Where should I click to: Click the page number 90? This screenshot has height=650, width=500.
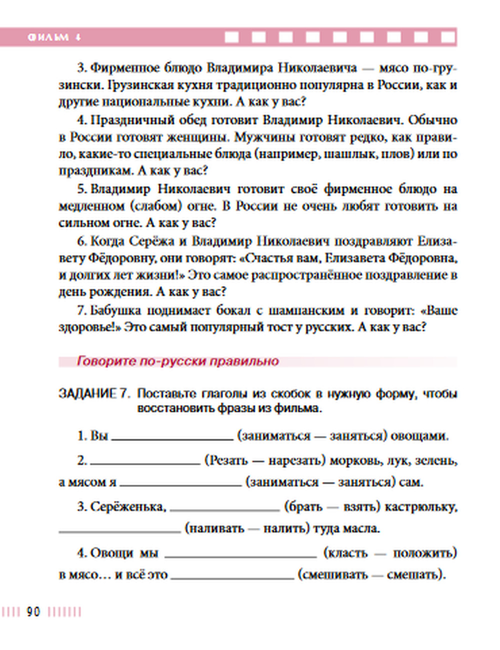[33, 611]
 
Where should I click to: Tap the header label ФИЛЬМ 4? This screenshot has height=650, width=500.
[54, 37]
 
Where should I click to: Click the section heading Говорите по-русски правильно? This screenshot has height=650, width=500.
[177, 361]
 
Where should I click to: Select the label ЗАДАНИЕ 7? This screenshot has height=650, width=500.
[94, 394]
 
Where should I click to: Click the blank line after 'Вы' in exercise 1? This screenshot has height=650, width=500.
[172, 438]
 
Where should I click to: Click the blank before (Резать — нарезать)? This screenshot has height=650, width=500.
[145, 462]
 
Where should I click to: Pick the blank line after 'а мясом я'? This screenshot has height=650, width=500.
[180, 484]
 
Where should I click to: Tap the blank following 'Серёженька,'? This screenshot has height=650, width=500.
[224, 509]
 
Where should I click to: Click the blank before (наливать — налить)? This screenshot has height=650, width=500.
[119, 530]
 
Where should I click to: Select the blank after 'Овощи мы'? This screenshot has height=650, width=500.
[240, 555]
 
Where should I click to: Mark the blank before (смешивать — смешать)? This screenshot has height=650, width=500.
[232, 577]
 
